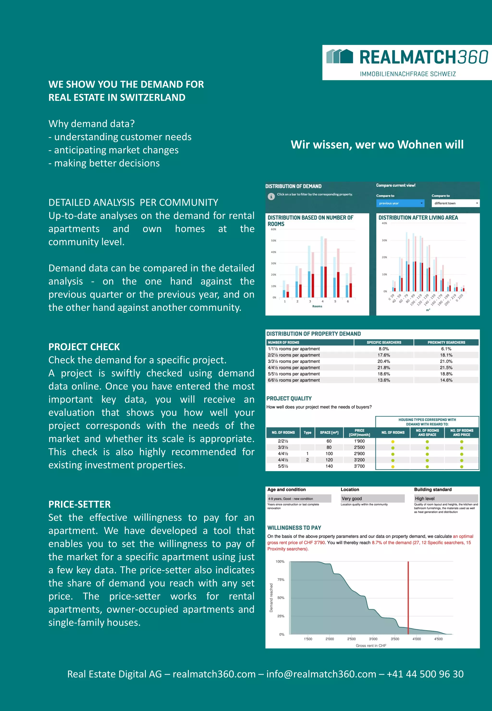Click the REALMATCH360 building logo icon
click(x=339, y=56)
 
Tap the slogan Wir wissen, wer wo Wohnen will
click(x=377, y=144)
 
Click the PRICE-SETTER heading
click(x=79, y=504)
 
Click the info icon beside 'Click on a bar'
click(x=271, y=196)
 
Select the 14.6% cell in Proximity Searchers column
click(x=446, y=380)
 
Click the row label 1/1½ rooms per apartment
click(x=294, y=349)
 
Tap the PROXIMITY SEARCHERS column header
click(x=446, y=342)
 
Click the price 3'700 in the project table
click(x=359, y=466)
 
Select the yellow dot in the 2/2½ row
click(x=393, y=442)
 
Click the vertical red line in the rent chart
click(x=408, y=598)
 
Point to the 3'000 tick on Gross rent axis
click(x=373, y=639)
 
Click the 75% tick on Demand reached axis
click(x=281, y=580)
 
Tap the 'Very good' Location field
click(x=372, y=498)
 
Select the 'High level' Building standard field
click(x=446, y=498)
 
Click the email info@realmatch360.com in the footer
click(x=321, y=674)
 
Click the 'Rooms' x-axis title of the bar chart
click(x=317, y=306)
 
